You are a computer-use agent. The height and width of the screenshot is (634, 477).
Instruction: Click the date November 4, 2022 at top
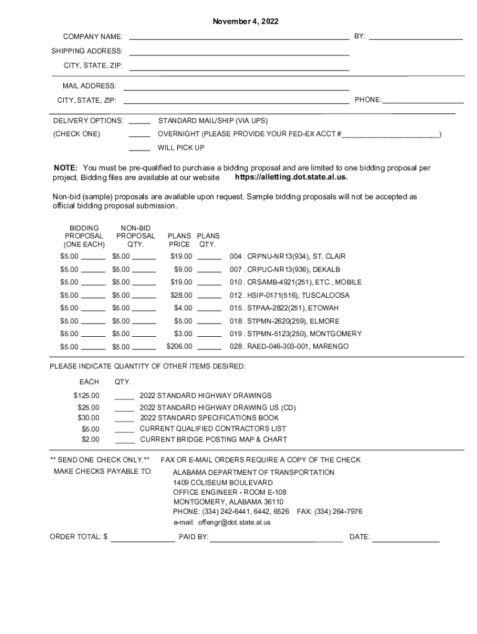[x=245, y=22]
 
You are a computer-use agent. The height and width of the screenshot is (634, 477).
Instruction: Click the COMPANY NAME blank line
[x=239, y=38]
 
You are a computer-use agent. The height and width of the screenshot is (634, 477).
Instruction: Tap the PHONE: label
[x=368, y=100]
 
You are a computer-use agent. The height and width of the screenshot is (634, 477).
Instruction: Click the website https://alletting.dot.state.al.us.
[x=291, y=178]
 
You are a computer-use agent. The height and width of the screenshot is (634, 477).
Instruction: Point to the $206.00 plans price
[x=180, y=347]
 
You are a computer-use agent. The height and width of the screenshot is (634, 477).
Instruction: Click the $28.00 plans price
[x=182, y=295]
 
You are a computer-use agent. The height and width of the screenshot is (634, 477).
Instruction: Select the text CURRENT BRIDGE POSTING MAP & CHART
[x=214, y=440]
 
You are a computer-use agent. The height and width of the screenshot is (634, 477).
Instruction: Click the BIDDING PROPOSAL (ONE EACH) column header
[x=84, y=236]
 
